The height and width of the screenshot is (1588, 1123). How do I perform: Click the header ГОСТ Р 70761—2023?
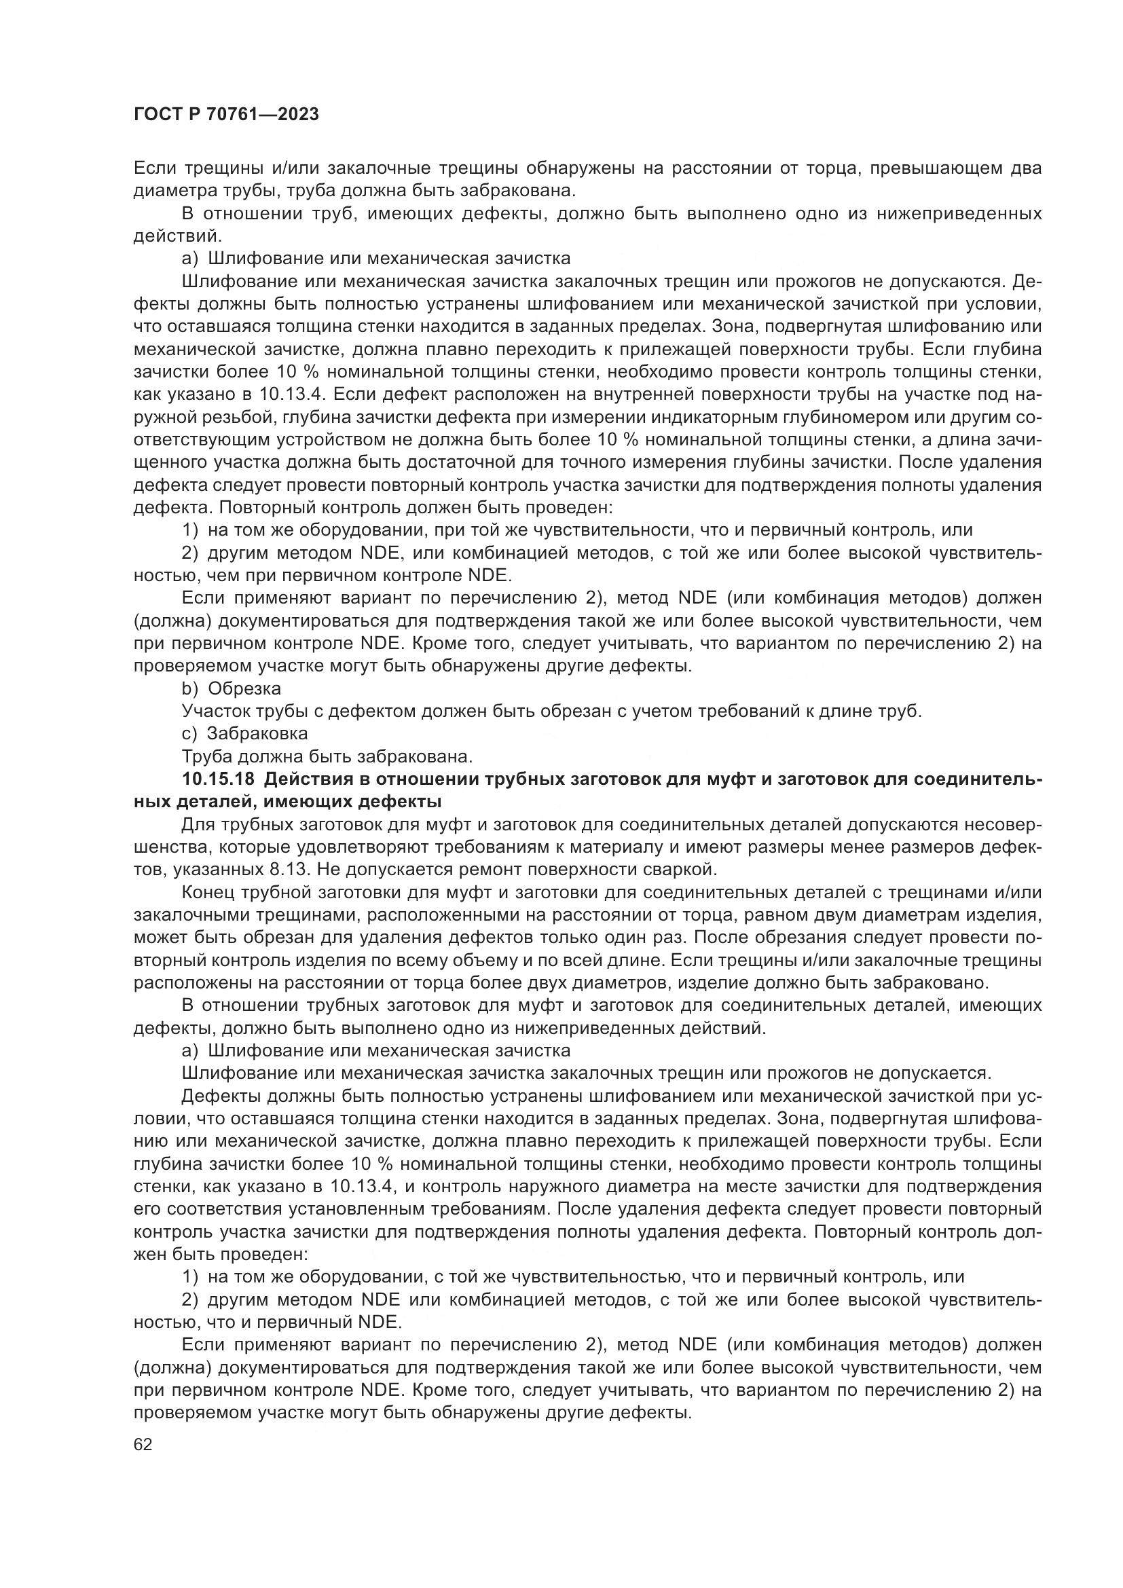pos(226,114)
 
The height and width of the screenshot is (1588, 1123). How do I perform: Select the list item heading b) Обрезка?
pos(231,688)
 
